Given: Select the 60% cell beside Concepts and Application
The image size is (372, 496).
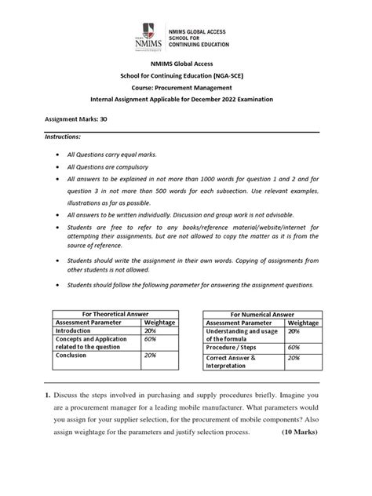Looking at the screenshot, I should click(x=151, y=340).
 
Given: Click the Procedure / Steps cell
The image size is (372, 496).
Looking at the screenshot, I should click(x=232, y=346).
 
